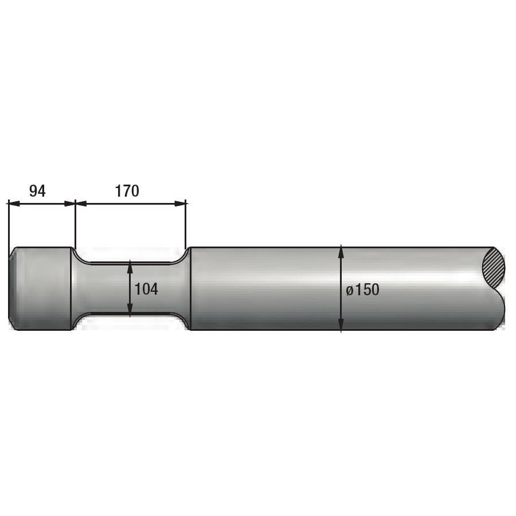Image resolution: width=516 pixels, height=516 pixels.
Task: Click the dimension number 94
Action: (37, 191)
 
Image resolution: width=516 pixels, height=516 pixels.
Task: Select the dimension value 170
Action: (127, 191)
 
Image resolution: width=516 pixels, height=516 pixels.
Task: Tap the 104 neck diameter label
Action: (146, 289)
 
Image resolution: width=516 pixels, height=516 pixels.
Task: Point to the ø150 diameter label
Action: (363, 290)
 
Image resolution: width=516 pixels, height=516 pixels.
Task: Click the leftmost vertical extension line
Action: (9, 224)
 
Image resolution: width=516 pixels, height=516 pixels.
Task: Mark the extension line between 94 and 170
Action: (75, 224)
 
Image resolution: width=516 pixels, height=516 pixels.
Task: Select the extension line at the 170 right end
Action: (186, 224)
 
